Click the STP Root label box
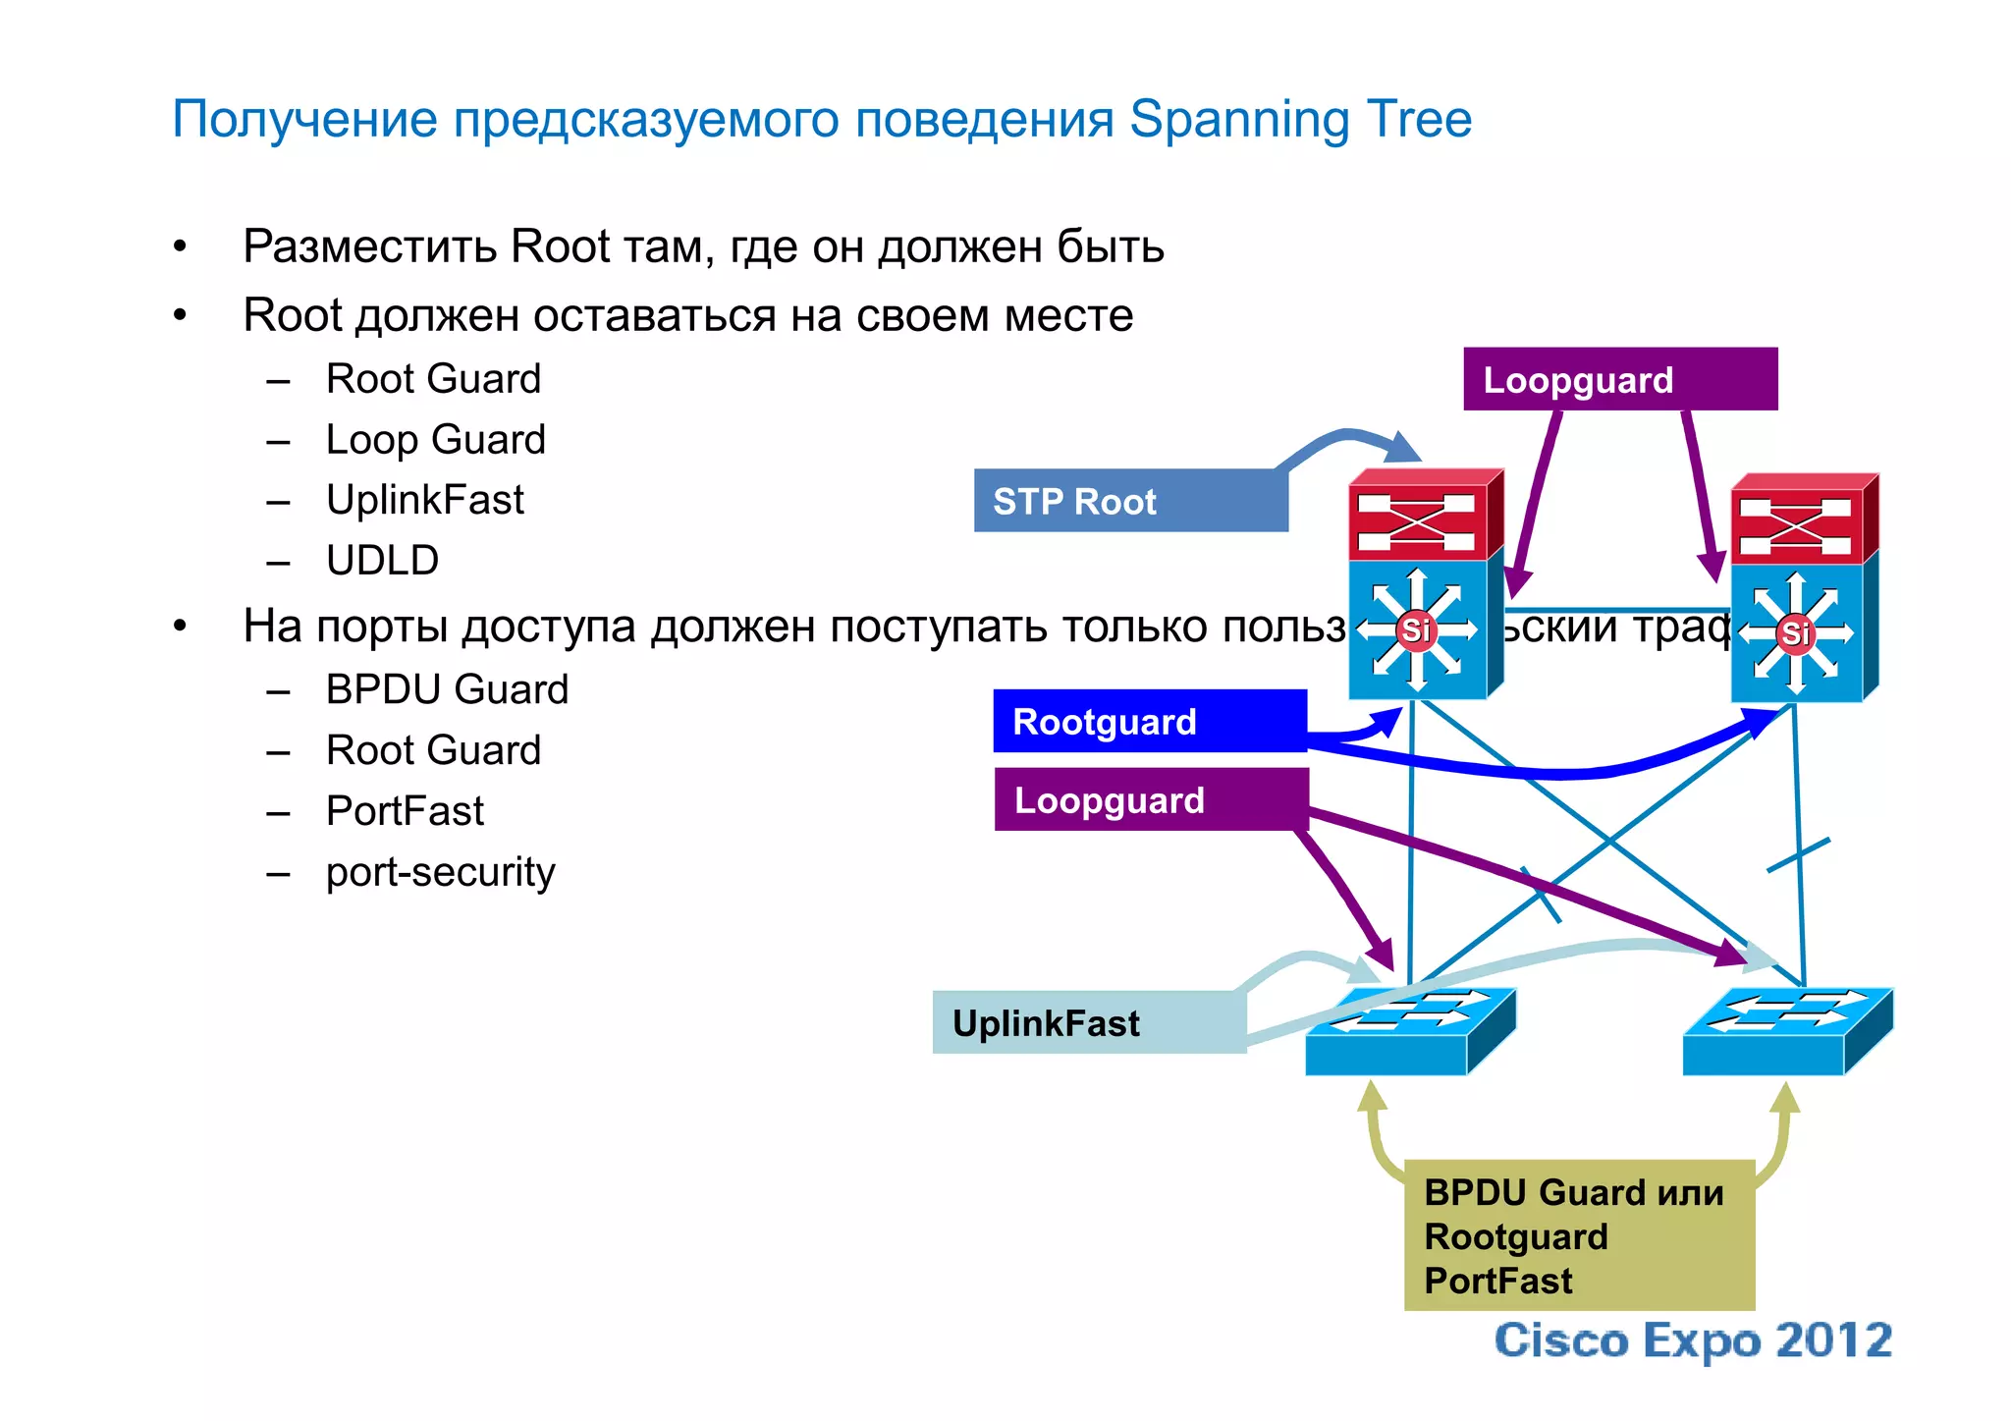point(1129,501)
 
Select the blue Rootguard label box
point(1149,722)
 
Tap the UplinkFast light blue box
point(1088,1022)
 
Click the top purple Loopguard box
point(1619,379)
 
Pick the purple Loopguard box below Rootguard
point(1150,799)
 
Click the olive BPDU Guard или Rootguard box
point(1579,1235)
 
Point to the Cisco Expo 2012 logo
point(1693,1340)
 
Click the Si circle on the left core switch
point(1415,629)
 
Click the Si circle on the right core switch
point(1796,633)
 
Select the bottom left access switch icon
point(1409,1033)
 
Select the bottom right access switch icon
point(1786,1033)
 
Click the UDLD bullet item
point(382,561)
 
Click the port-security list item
point(440,872)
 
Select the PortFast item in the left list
point(405,811)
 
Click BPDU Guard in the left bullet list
point(447,689)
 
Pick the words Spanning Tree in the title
point(1300,120)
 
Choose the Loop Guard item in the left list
point(435,440)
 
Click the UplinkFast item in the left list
point(424,500)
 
